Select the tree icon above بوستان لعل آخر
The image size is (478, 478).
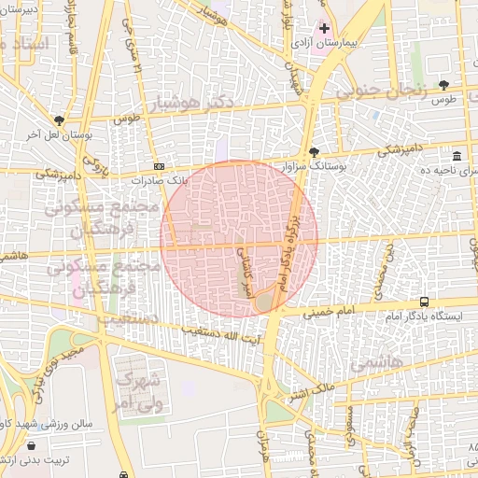(x=60, y=120)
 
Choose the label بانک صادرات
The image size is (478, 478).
(x=159, y=178)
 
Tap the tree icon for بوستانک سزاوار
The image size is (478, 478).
(x=315, y=151)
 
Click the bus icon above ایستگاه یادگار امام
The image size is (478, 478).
(x=425, y=302)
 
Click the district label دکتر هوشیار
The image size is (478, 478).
(x=187, y=101)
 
